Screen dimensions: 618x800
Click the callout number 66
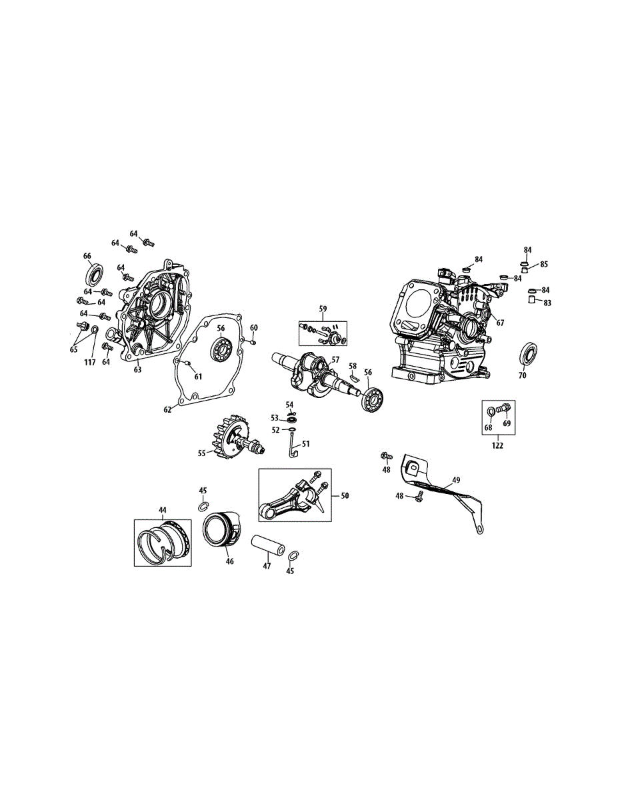pyautogui.click(x=87, y=256)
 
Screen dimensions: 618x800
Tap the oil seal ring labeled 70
pyautogui.click(x=530, y=353)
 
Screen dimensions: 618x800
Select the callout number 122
pyautogui.click(x=498, y=445)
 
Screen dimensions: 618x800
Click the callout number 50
pyautogui.click(x=345, y=495)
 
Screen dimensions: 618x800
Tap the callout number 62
pyautogui.click(x=168, y=409)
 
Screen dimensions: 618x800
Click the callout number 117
pyautogui.click(x=89, y=362)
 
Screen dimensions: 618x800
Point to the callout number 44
pyautogui.click(x=162, y=509)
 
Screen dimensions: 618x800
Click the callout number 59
pyautogui.click(x=323, y=309)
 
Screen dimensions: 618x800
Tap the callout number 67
pyautogui.click(x=499, y=322)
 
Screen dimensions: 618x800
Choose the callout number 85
pyautogui.click(x=544, y=264)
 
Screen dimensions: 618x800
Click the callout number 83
pyautogui.click(x=548, y=303)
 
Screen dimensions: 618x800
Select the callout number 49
pyautogui.click(x=456, y=479)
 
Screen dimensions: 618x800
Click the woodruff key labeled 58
pyautogui.click(x=355, y=376)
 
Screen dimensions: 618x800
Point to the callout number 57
pyautogui.click(x=335, y=359)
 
